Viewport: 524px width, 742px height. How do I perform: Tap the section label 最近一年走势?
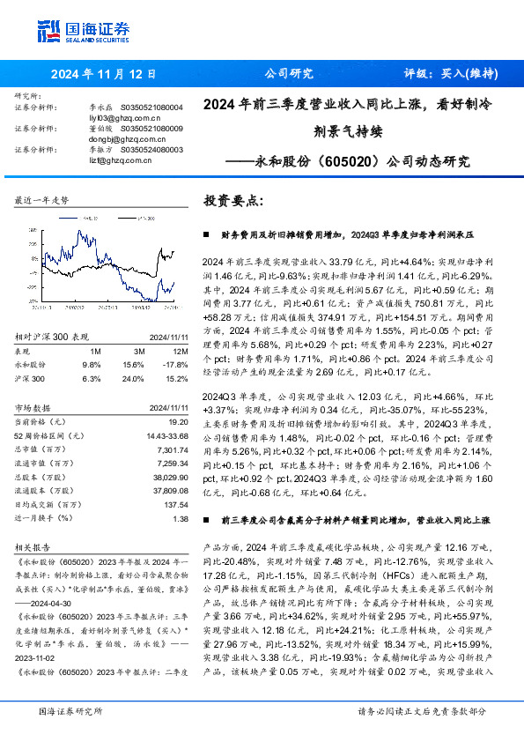tap(42, 201)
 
